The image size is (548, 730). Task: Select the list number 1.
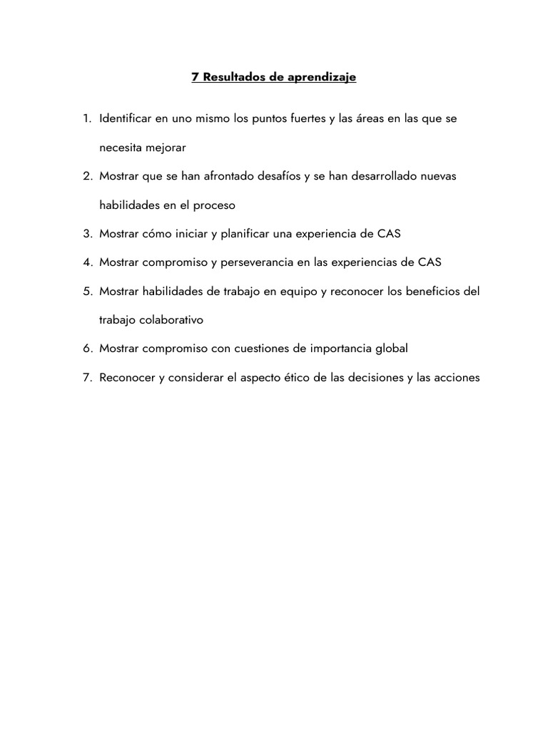[x=86, y=118]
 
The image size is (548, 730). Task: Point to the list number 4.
[x=86, y=262]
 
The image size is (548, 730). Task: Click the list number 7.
[x=86, y=377]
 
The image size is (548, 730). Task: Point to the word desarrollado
[x=377, y=176]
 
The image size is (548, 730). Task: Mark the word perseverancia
[x=257, y=262]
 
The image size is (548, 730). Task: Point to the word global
[x=390, y=349]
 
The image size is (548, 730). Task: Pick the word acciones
[x=455, y=377]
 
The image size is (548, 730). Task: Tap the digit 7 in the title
[x=195, y=78]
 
